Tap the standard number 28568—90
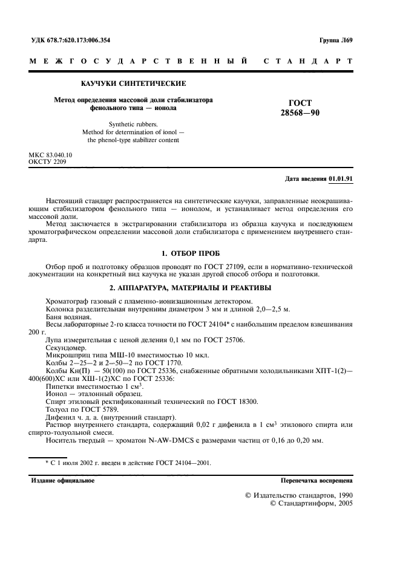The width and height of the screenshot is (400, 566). click(313, 113)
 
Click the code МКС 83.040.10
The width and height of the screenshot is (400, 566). click(51, 155)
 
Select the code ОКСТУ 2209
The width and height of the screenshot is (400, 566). click(47, 163)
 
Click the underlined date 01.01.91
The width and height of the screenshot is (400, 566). click(341, 180)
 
